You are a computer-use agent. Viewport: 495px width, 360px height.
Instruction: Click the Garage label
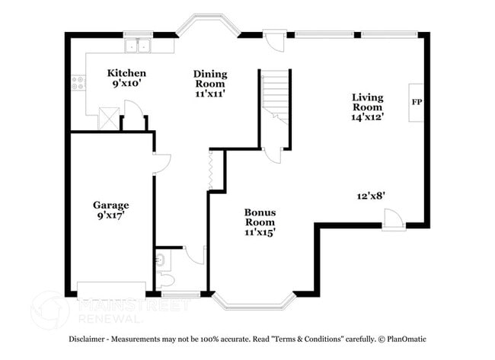click(x=110, y=205)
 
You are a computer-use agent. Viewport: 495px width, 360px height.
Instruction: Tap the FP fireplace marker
click(x=417, y=102)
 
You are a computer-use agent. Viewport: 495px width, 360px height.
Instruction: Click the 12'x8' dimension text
click(x=371, y=196)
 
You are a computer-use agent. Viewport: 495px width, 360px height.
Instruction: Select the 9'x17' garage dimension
click(x=110, y=215)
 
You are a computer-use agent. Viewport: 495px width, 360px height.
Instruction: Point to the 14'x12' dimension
click(x=367, y=117)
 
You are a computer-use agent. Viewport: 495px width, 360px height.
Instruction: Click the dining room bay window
click(x=207, y=24)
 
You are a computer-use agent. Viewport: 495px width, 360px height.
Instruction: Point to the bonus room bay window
click(x=254, y=301)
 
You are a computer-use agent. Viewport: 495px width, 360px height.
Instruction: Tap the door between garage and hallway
click(x=161, y=163)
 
